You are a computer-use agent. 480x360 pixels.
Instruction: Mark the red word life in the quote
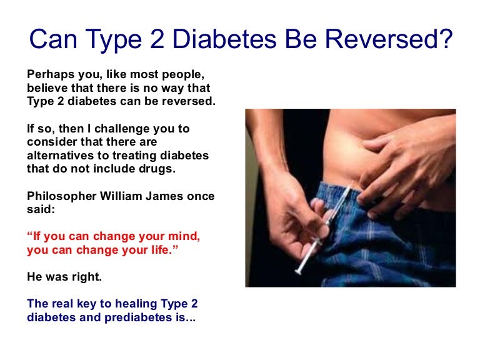click(x=144, y=251)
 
